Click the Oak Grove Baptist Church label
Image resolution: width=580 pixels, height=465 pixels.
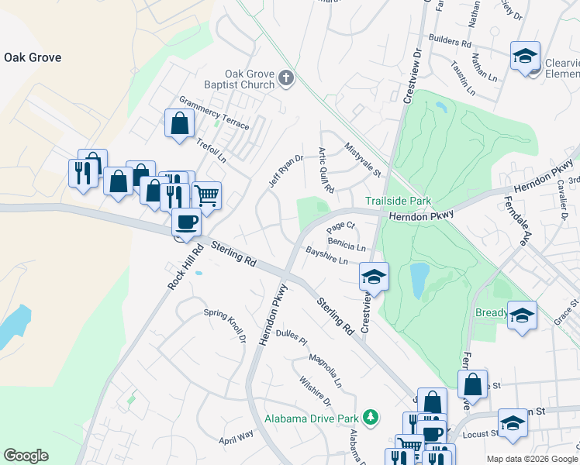coord(250,78)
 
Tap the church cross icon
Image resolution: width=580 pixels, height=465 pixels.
coord(287,77)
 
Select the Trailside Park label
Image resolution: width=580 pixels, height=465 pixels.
coord(398,201)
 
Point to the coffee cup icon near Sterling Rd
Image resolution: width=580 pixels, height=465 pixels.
coord(185,223)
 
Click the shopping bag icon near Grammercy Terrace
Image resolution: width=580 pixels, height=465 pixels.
coord(178,123)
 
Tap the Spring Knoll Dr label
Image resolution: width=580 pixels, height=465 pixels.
coord(224,325)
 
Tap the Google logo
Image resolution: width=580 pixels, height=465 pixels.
coord(26,456)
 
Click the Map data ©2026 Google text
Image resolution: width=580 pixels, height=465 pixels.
coord(531,458)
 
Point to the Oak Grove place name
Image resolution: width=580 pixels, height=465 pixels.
coord(33,57)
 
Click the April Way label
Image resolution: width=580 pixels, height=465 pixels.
coord(236,436)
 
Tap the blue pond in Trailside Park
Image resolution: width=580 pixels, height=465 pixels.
coord(419,280)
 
